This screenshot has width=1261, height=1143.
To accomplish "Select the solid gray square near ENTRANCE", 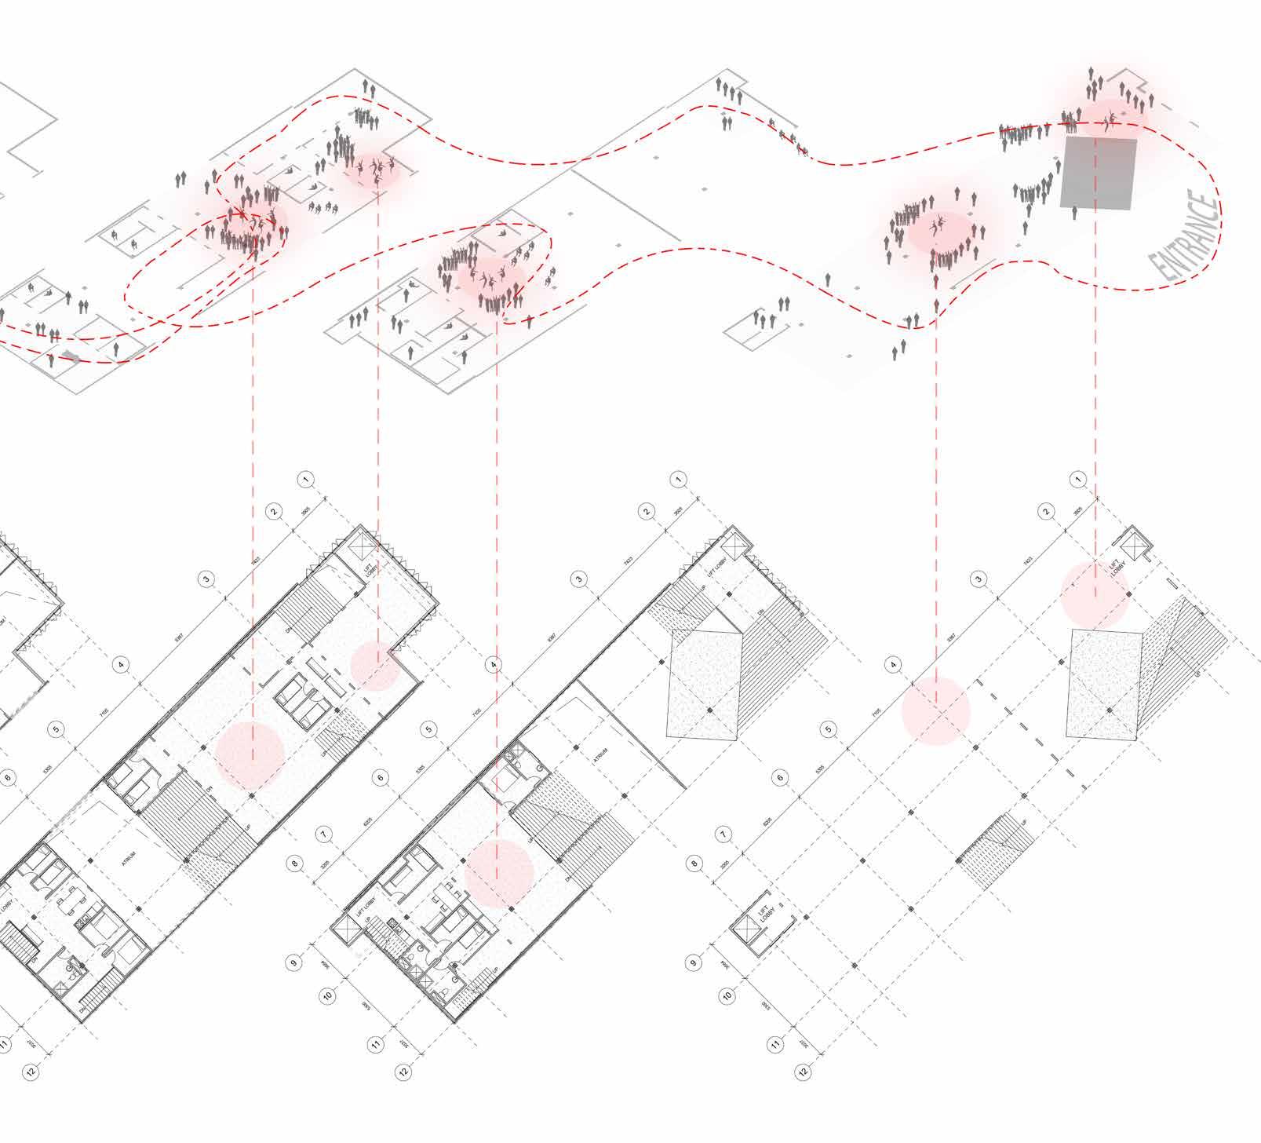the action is tap(1099, 173).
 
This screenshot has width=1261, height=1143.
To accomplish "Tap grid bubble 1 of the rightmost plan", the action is tap(1079, 479).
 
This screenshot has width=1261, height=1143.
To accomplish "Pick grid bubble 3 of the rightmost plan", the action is tap(978, 579).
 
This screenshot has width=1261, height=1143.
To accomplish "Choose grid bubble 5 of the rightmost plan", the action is tap(829, 729).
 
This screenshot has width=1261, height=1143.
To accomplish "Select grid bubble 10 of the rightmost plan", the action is tap(727, 996).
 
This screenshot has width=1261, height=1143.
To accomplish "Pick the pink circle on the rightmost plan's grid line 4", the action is tap(935, 711).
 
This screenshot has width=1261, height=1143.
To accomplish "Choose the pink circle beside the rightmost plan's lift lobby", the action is tap(1095, 595).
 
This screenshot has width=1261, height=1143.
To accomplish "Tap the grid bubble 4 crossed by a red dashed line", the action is tap(493, 665).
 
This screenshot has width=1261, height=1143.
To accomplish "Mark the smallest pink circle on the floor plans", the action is tap(376, 666).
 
